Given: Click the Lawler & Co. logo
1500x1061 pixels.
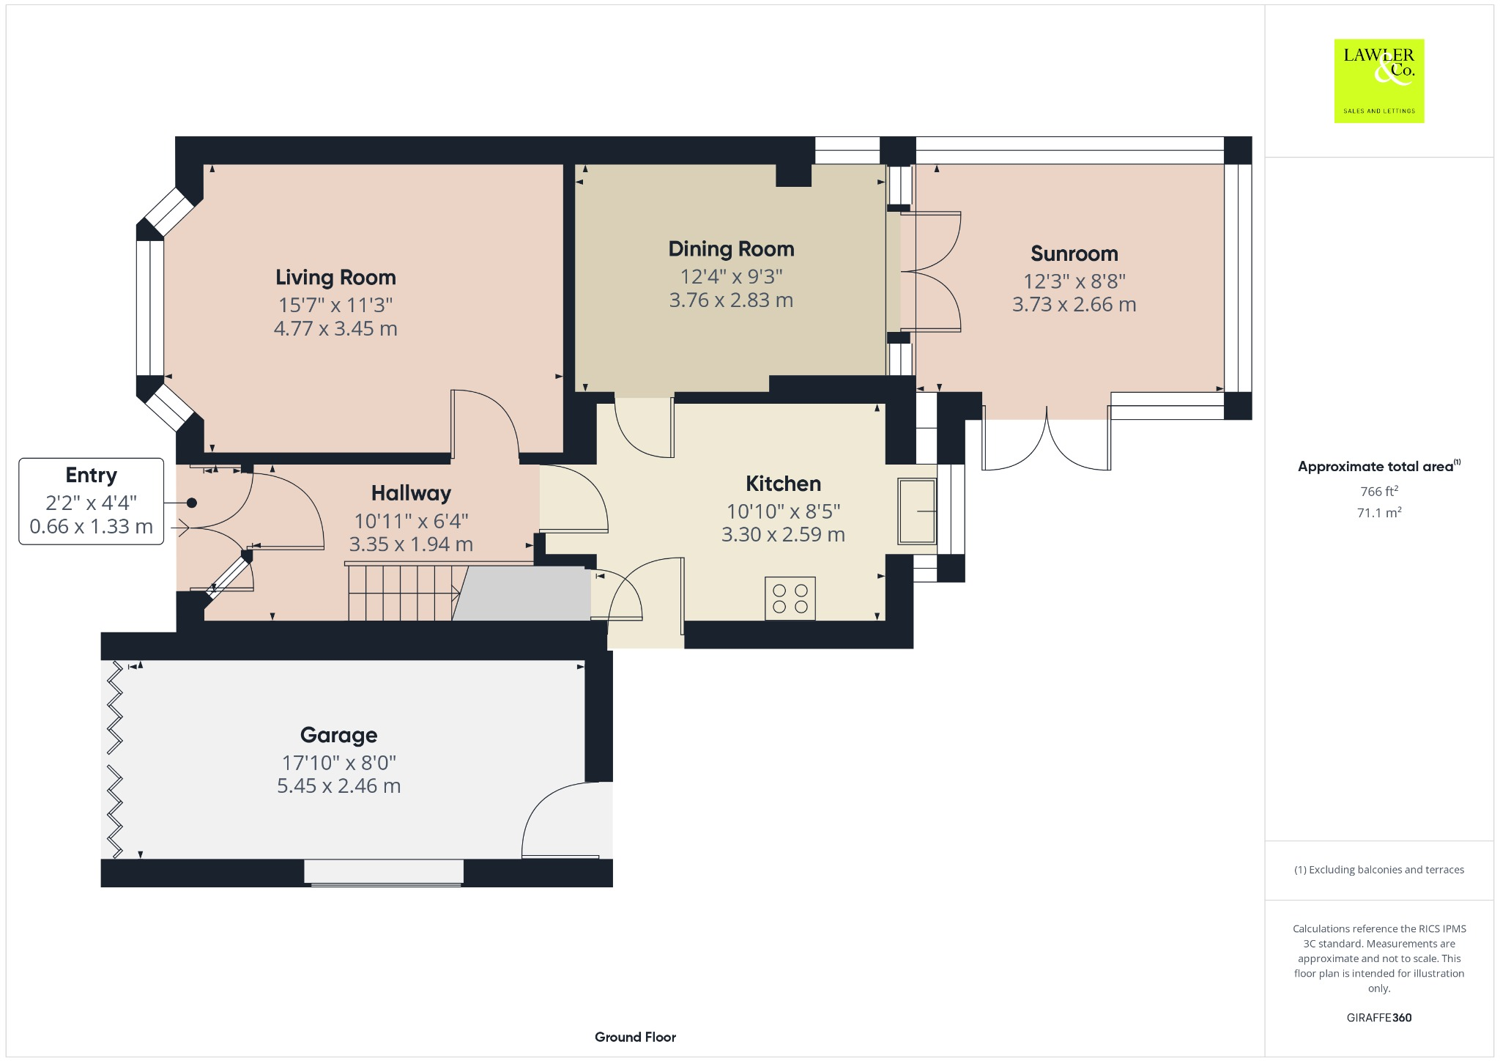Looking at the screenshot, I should click(x=1378, y=81).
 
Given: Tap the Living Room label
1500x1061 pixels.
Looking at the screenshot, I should click(x=335, y=278).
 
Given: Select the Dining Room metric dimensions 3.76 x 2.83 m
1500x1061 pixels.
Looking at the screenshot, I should click(x=731, y=300).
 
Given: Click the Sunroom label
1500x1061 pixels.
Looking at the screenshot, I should click(x=1074, y=254).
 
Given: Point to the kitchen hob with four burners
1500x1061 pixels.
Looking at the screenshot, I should click(x=790, y=599).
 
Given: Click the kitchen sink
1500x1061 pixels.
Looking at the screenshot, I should click(x=917, y=511).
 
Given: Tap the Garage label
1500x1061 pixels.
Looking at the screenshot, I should click(x=338, y=735).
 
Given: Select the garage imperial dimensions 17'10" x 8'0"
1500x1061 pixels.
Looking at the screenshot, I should click(x=338, y=763).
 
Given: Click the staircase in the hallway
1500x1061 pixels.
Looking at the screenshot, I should click(x=401, y=593).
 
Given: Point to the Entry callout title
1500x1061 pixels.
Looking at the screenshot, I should click(x=91, y=476).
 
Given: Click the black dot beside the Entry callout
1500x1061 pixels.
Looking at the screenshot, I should click(x=192, y=503).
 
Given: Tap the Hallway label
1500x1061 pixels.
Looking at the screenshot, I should click(x=411, y=493).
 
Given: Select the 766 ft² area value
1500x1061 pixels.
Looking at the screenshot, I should click(x=1378, y=492).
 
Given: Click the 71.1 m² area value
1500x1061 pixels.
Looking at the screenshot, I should click(x=1378, y=513).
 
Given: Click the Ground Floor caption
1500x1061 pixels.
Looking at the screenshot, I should click(x=635, y=1037).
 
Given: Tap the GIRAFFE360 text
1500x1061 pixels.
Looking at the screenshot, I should click(x=1378, y=1018).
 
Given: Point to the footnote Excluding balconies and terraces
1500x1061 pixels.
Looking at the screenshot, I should click(x=1378, y=870).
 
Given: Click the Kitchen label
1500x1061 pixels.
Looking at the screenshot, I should click(x=783, y=484).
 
